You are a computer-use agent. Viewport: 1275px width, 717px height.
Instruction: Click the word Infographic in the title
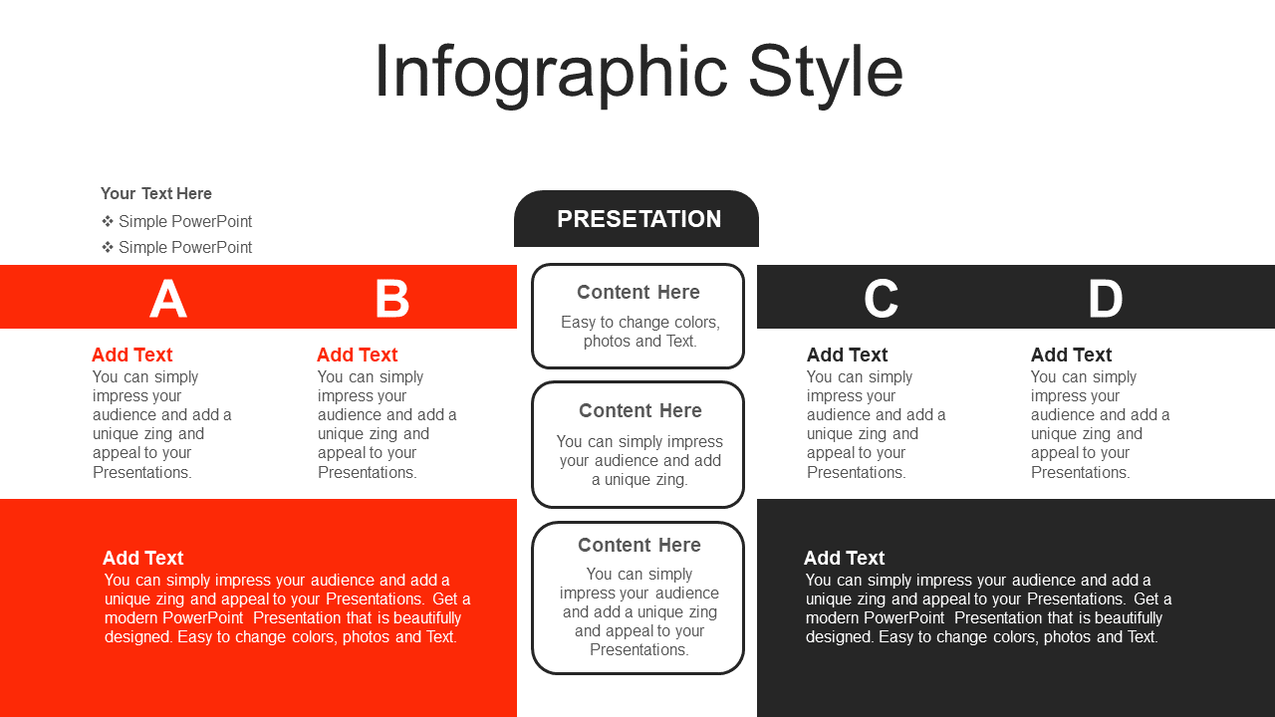click(551, 73)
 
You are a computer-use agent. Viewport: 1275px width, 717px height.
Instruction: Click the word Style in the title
click(826, 73)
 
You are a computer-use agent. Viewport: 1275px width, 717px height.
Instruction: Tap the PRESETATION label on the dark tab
click(638, 219)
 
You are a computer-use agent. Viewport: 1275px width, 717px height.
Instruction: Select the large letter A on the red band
click(168, 298)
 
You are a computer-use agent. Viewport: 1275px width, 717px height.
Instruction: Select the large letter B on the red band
click(392, 298)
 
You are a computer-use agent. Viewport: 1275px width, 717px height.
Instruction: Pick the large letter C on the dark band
click(881, 298)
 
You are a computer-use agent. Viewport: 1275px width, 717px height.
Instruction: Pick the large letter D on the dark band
click(1106, 298)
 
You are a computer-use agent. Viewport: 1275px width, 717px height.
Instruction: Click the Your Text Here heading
click(156, 193)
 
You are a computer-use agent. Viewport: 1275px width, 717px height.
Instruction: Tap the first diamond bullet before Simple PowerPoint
click(108, 221)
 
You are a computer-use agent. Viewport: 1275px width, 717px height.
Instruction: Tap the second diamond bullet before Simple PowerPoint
click(108, 247)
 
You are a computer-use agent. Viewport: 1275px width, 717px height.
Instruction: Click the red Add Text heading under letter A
click(132, 355)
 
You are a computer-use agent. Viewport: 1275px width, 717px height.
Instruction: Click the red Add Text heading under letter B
click(357, 355)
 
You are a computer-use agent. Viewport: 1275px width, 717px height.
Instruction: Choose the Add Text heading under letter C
click(847, 355)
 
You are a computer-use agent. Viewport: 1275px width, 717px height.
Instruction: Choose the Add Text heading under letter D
click(1071, 355)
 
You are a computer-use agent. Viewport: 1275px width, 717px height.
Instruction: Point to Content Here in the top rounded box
click(638, 292)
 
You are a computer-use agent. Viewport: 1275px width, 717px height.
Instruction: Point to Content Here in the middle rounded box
click(640, 410)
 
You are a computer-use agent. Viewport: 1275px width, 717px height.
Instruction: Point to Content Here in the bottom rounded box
click(639, 545)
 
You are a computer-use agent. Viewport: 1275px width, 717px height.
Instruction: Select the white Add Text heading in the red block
click(142, 558)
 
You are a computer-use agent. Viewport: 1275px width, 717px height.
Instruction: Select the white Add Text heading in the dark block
click(844, 558)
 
